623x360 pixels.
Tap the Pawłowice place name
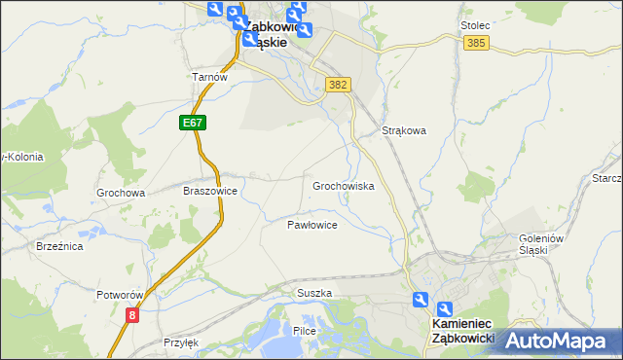click(x=311, y=225)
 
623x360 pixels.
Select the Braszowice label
click(x=210, y=192)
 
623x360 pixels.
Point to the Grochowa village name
click(x=121, y=193)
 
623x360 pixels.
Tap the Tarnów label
click(x=209, y=78)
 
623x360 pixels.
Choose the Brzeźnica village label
click(x=59, y=247)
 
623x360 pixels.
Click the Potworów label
click(x=121, y=295)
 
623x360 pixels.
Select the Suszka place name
click(x=314, y=293)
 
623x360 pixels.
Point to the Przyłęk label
click(x=181, y=342)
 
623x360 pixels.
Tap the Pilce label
click(x=304, y=332)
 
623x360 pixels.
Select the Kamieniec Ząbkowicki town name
click(x=462, y=330)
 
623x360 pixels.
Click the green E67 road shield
click(x=193, y=123)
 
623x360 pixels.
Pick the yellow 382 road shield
click(x=338, y=85)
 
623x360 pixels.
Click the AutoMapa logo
click(x=558, y=341)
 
